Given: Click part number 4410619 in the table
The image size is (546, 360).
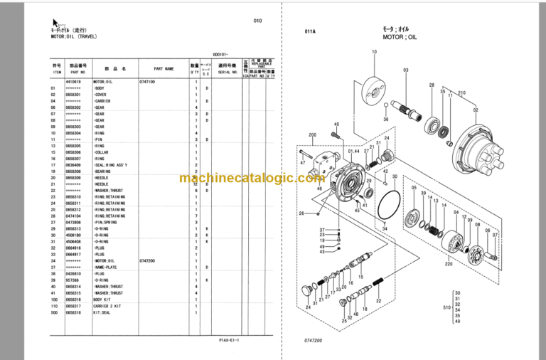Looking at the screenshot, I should tap(73, 83).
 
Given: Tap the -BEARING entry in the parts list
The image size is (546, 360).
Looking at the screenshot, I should tap(102, 171).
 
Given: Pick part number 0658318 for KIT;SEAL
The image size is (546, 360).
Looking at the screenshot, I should tap(73, 312).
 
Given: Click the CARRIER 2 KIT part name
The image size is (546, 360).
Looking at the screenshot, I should tap(108, 305).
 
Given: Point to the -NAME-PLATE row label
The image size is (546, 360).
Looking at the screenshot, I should tap(107, 267).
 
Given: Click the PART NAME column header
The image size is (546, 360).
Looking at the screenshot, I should tap(163, 70).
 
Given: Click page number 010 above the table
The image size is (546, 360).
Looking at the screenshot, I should tap(257, 21).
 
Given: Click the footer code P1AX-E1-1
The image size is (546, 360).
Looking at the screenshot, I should tap(229, 340).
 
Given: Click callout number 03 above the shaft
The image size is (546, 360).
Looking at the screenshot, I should tap(406, 70).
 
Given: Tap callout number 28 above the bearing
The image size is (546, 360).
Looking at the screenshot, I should tap(431, 85).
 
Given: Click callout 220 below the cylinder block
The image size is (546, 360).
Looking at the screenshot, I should tap(449, 264).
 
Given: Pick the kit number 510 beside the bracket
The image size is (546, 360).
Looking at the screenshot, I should tap(446, 307).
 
